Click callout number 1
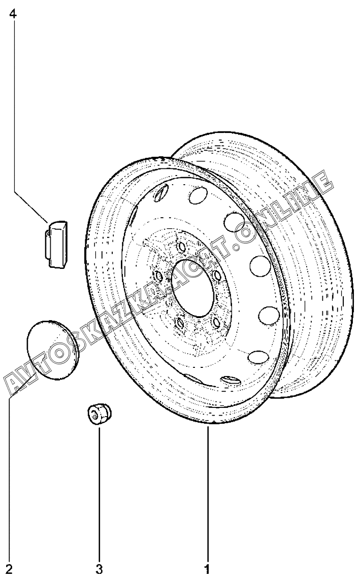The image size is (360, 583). point(207,569)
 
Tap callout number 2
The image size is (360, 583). point(10,569)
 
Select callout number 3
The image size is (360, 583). point(100,569)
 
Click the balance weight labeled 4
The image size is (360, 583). point(56,243)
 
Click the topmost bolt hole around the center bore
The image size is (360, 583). point(181,247)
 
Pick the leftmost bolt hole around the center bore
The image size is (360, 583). point(159,276)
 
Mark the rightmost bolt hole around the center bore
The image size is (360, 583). point(216,275)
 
